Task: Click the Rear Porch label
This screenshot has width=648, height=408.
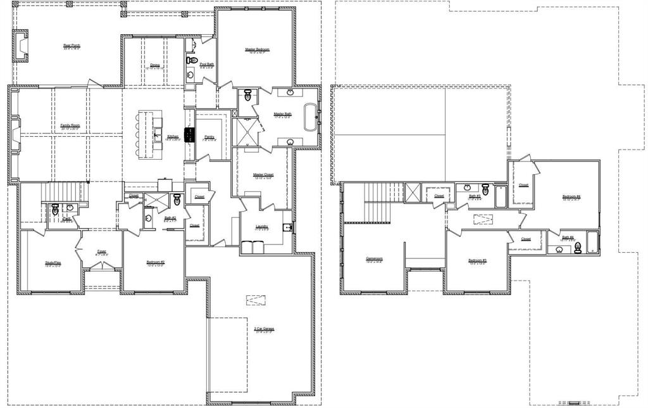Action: click(x=72, y=46)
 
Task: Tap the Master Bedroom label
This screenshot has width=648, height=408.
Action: click(x=258, y=49)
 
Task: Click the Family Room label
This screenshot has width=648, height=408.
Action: click(x=70, y=125)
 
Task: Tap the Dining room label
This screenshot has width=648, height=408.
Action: click(x=154, y=65)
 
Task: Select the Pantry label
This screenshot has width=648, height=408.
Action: click(x=209, y=136)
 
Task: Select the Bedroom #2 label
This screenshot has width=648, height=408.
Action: click(x=156, y=262)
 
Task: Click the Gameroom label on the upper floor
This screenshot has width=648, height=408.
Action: click(x=375, y=258)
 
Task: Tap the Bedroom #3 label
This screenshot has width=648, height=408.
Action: click(x=477, y=260)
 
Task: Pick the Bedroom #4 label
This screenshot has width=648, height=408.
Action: click(x=571, y=196)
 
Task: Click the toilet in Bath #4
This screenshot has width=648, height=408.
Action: click(x=578, y=248)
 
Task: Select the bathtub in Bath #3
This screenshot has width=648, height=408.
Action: click(x=500, y=196)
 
